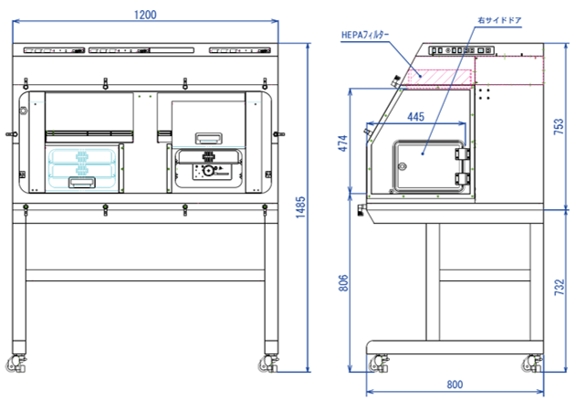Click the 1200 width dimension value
(145, 14)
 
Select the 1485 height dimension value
(300, 209)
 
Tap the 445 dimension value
(415, 116)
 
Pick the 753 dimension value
(558, 128)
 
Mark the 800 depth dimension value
(454, 384)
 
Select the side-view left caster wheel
(375, 364)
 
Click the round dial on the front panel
(209, 171)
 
